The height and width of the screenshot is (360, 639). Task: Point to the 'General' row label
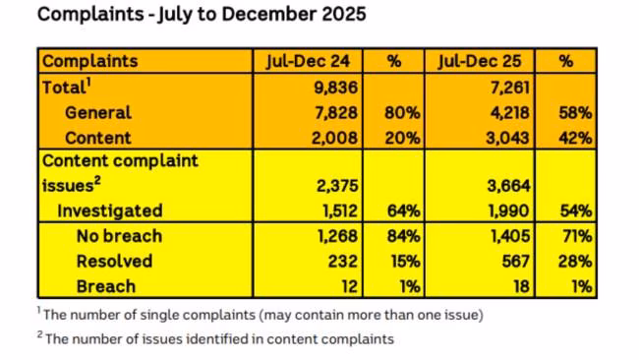pos(98,112)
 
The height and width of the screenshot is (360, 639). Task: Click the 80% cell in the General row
pos(398,112)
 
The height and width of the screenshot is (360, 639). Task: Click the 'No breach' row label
pos(119,236)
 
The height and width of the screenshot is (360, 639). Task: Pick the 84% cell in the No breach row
pos(398,236)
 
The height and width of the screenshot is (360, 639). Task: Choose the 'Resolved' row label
pos(115,262)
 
